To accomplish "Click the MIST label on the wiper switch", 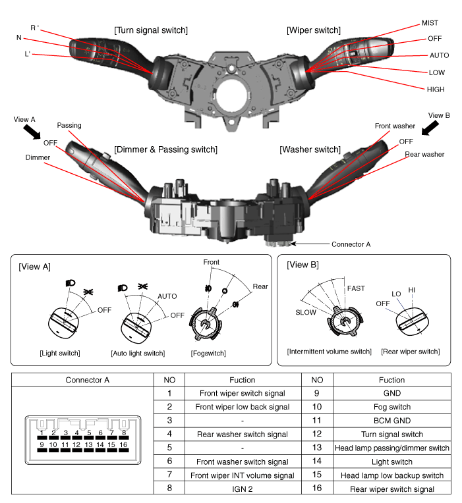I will coord(429,23).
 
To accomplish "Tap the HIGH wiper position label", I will coord(436,89).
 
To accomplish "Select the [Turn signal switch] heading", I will coord(151,30).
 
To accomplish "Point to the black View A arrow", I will coord(30,131).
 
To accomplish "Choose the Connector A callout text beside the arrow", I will coord(351,244).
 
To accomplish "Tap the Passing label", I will coord(69,125).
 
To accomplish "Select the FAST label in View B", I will coord(356,288).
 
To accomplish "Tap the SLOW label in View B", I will coord(306,312).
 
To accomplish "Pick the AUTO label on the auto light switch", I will coord(167,296).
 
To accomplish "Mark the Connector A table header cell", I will coord(88,380).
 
